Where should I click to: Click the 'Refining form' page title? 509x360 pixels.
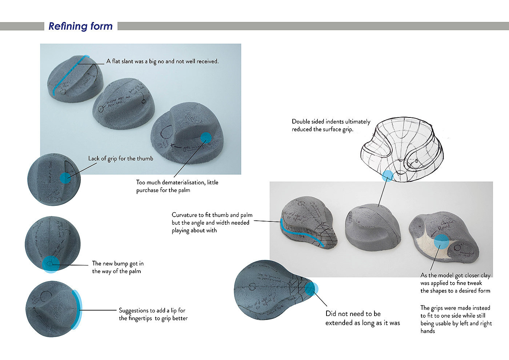tap(80, 26)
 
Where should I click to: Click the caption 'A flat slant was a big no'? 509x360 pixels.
tap(163, 61)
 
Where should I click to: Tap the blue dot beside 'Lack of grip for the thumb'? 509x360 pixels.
tap(65, 178)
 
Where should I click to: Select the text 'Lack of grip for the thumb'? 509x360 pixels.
tap(121, 159)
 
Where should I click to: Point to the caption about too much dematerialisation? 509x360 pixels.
tap(177, 186)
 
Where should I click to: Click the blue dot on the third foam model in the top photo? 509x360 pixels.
tap(206, 137)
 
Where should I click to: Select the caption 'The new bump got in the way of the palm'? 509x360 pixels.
tap(117, 267)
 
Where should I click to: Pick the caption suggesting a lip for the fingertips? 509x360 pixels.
tap(153, 314)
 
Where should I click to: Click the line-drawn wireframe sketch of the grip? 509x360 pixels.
tap(402, 149)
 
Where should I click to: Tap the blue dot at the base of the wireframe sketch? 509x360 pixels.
tap(388, 176)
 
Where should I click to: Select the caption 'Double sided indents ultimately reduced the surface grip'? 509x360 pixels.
tap(331, 125)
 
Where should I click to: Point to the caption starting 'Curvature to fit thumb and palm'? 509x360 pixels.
tap(212, 223)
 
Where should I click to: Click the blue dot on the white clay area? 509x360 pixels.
tap(441, 241)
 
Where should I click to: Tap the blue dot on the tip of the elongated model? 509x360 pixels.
tap(310, 288)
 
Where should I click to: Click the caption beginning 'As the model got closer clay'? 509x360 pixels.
tap(455, 283)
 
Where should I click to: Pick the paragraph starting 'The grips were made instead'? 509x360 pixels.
tap(456, 319)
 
